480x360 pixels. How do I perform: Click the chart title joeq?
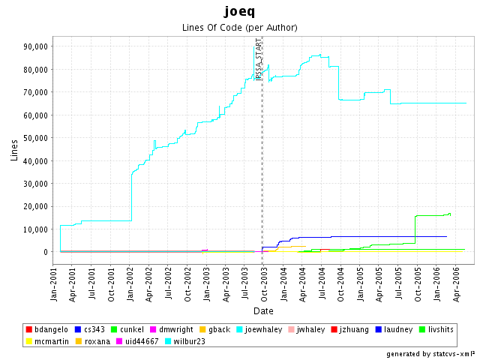click(239, 11)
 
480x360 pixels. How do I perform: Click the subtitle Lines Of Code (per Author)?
click(240, 28)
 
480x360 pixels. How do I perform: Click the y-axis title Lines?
click(14, 150)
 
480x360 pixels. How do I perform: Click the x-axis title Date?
click(262, 310)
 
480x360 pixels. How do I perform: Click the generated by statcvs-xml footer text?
click(430, 353)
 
